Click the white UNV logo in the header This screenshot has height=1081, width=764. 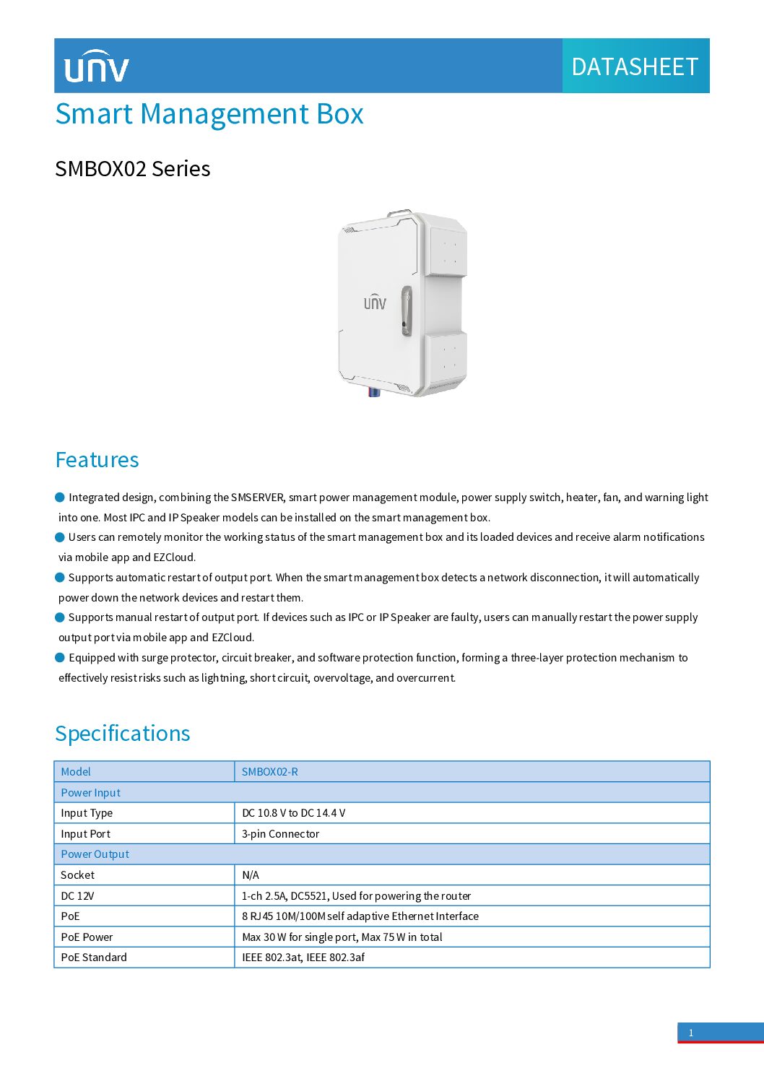[x=96, y=66]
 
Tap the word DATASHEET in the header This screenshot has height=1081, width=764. [x=635, y=67]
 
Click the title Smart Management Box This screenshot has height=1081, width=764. [x=209, y=114]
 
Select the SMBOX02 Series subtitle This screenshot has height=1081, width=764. [x=133, y=169]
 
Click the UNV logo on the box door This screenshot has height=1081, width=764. [x=375, y=302]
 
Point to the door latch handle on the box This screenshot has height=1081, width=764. [x=407, y=311]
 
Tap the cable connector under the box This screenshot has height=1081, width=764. [x=374, y=392]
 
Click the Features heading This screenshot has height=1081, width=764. [x=97, y=460]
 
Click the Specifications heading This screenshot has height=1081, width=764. [x=123, y=734]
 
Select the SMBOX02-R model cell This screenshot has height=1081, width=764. [x=270, y=772]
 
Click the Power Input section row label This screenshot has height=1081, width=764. [x=91, y=793]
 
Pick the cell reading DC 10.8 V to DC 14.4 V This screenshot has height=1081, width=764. [x=294, y=813]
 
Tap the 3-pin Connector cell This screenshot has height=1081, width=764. [x=281, y=834]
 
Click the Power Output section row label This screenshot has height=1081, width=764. [x=95, y=854]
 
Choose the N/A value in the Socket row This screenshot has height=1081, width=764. [x=251, y=875]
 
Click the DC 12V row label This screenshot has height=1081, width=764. [x=78, y=896]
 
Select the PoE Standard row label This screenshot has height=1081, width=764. [x=94, y=958]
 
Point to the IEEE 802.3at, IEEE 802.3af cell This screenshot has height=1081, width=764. [x=303, y=958]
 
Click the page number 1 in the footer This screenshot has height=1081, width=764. [x=691, y=1033]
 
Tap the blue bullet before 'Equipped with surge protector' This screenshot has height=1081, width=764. [x=60, y=657]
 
